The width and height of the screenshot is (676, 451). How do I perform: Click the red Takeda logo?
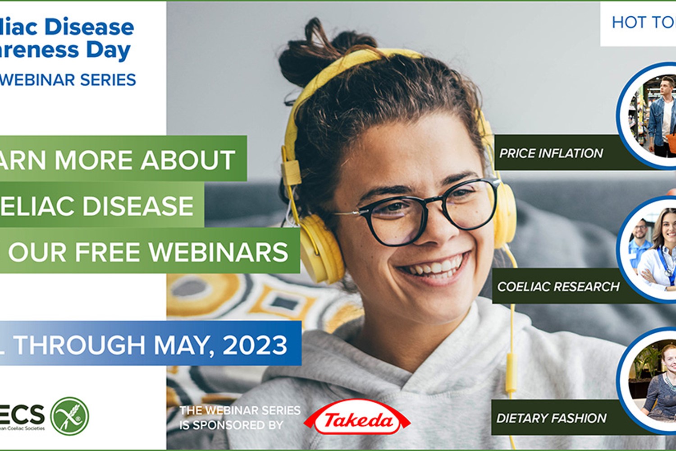(x=357, y=420)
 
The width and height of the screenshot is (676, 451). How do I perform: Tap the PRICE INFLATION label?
(x=551, y=153)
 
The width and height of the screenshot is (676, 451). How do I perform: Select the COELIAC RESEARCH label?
(x=558, y=286)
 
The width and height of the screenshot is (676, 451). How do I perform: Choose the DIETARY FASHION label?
(x=551, y=418)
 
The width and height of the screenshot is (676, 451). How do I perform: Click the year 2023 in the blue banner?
(x=255, y=345)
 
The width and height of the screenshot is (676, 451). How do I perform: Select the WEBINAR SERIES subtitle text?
(x=68, y=80)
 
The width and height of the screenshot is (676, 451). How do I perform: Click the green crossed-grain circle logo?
(x=69, y=416)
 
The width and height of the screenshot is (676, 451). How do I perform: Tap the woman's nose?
(x=439, y=230)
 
